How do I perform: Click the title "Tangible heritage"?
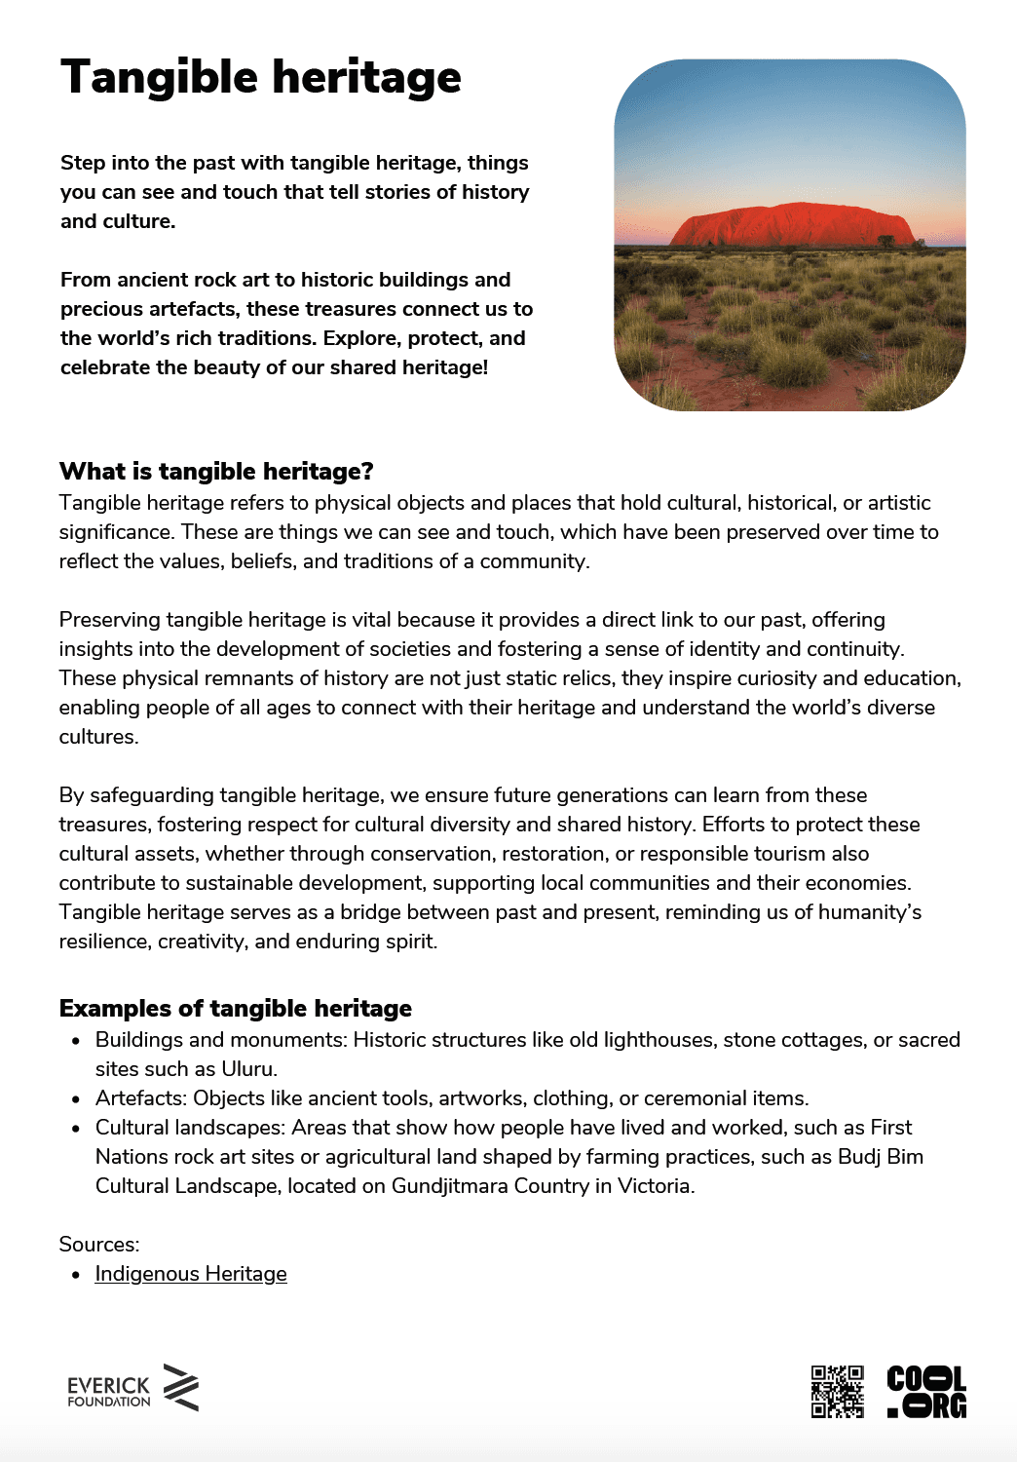(260, 78)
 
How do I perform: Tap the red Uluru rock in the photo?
(791, 225)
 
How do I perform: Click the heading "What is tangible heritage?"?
(216, 472)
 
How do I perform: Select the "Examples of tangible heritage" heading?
(235, 1008)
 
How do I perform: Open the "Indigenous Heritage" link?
(191, 1274)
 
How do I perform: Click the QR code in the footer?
(837, 1391)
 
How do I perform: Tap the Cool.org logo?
(926, 1391)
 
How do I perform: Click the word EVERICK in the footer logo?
(108, 1385)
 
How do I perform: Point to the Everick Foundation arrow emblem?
(181, 1387)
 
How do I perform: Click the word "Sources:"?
(99, 1245)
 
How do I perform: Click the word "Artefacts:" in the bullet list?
(141, 1098)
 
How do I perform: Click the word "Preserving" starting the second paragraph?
(109, 620)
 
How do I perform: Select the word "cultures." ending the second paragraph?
(99, 737)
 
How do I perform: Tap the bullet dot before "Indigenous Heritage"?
(76, 1275)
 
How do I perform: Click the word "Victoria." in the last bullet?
(656, 1186)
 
